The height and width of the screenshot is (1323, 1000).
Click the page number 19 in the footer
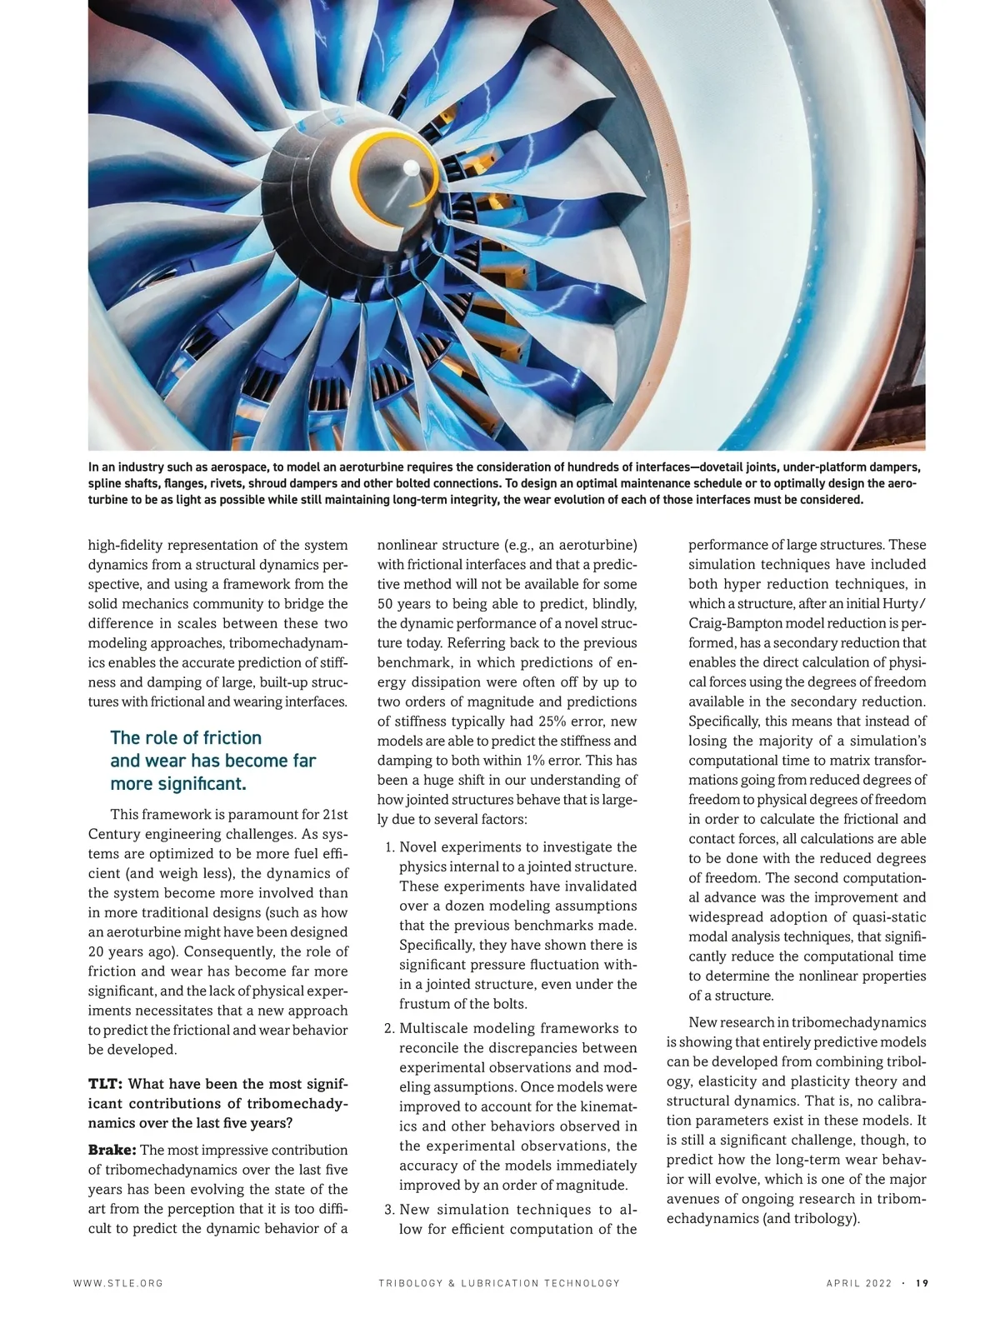click(922, 1283)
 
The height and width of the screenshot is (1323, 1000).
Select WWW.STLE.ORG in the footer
click(117, 1283)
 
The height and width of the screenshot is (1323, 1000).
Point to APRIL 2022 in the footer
click(859, 1283)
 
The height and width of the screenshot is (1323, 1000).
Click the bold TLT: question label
click(106, 1084)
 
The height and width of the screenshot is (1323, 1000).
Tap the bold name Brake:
click(112, 1150)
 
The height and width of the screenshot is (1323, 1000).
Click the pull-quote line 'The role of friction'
click(186, 738)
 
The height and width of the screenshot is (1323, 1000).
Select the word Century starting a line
click(114, 834)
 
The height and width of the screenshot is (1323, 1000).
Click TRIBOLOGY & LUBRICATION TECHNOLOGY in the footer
click(498, 1283)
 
